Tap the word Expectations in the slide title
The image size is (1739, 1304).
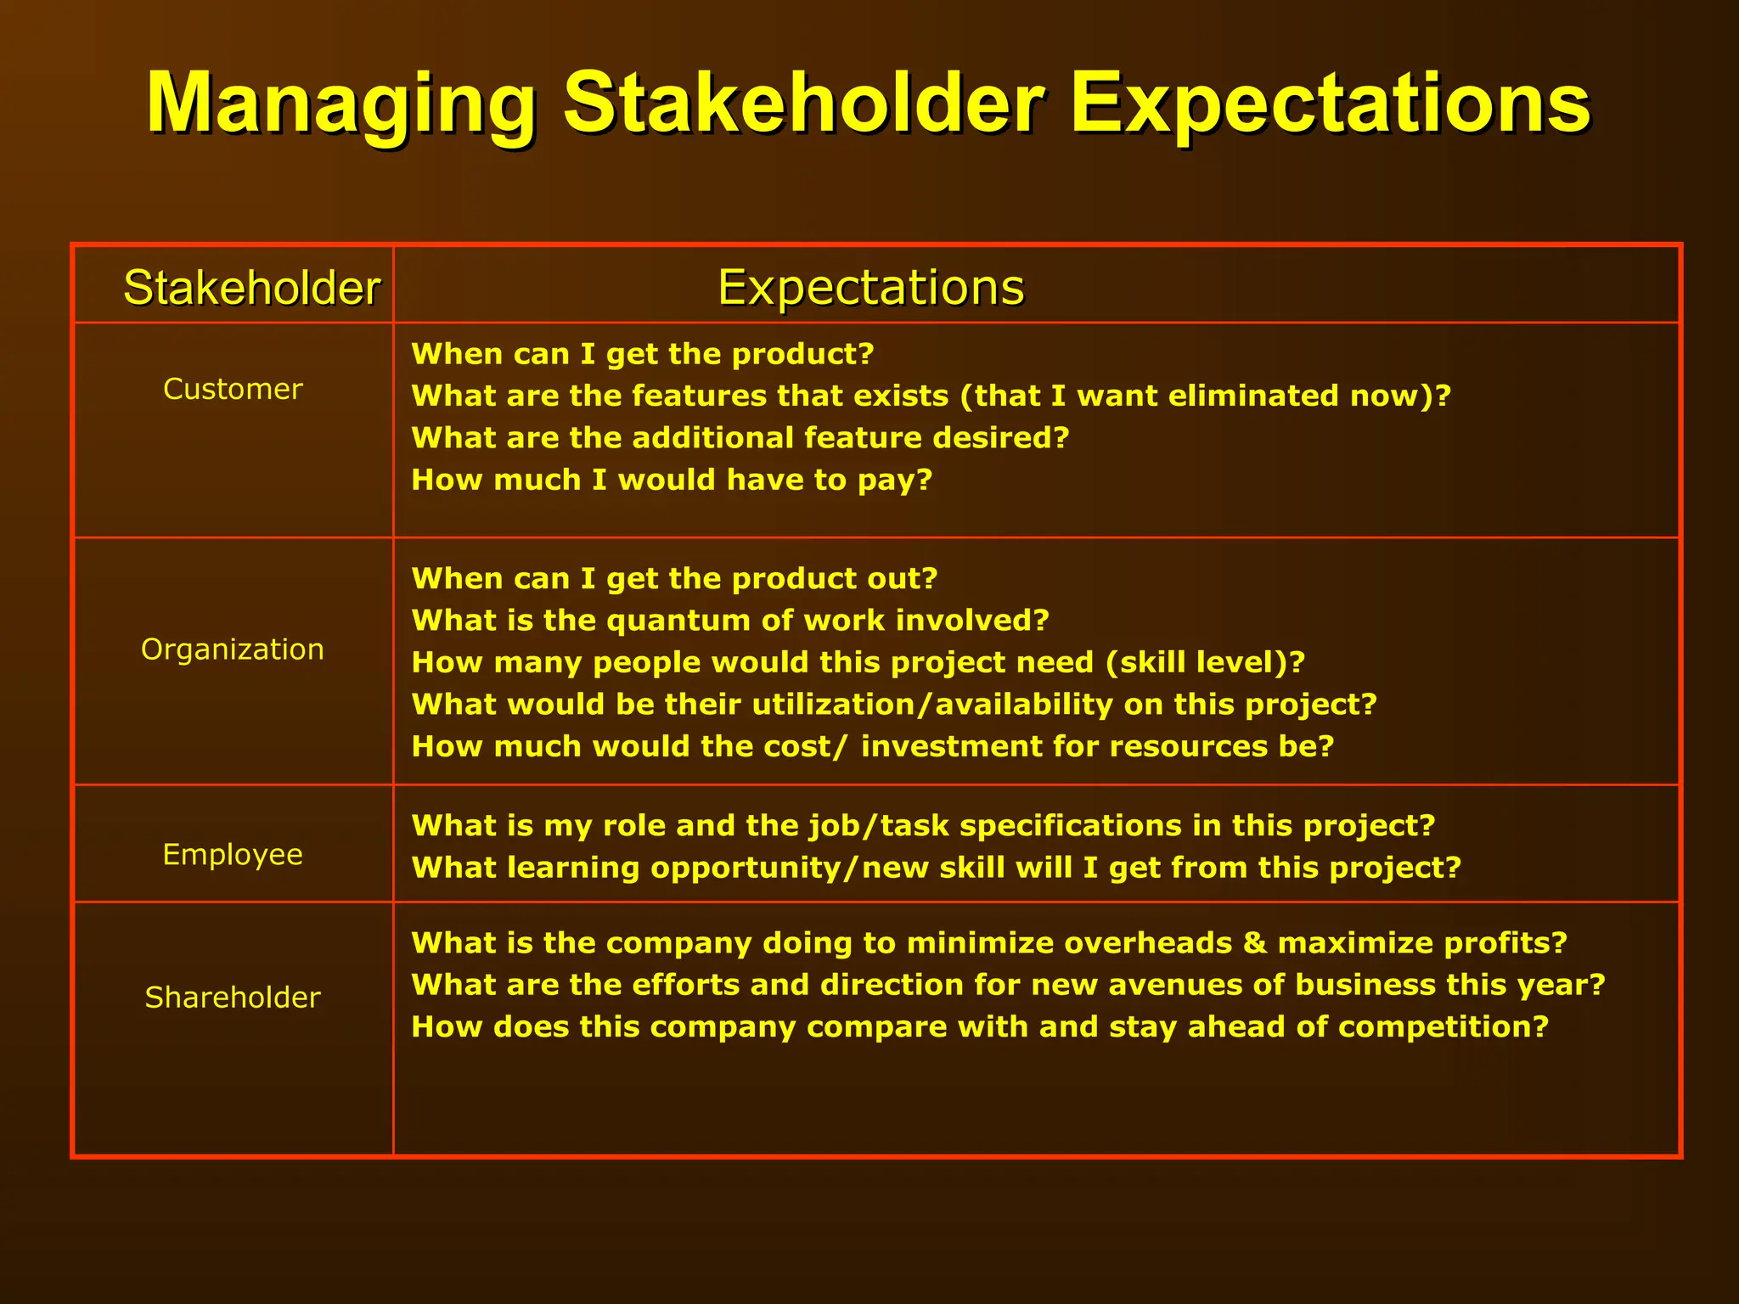(1330, 104)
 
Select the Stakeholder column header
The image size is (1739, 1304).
(251, 287)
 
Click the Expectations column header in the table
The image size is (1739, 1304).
(870, 287)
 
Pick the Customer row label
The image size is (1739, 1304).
(233, 389)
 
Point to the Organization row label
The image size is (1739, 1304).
(233, 649)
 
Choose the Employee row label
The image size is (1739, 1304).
(233, 854)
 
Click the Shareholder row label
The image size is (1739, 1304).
(233, 998)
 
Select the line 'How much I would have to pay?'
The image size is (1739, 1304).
(672, 480)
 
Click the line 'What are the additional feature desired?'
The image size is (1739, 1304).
(740, 438)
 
